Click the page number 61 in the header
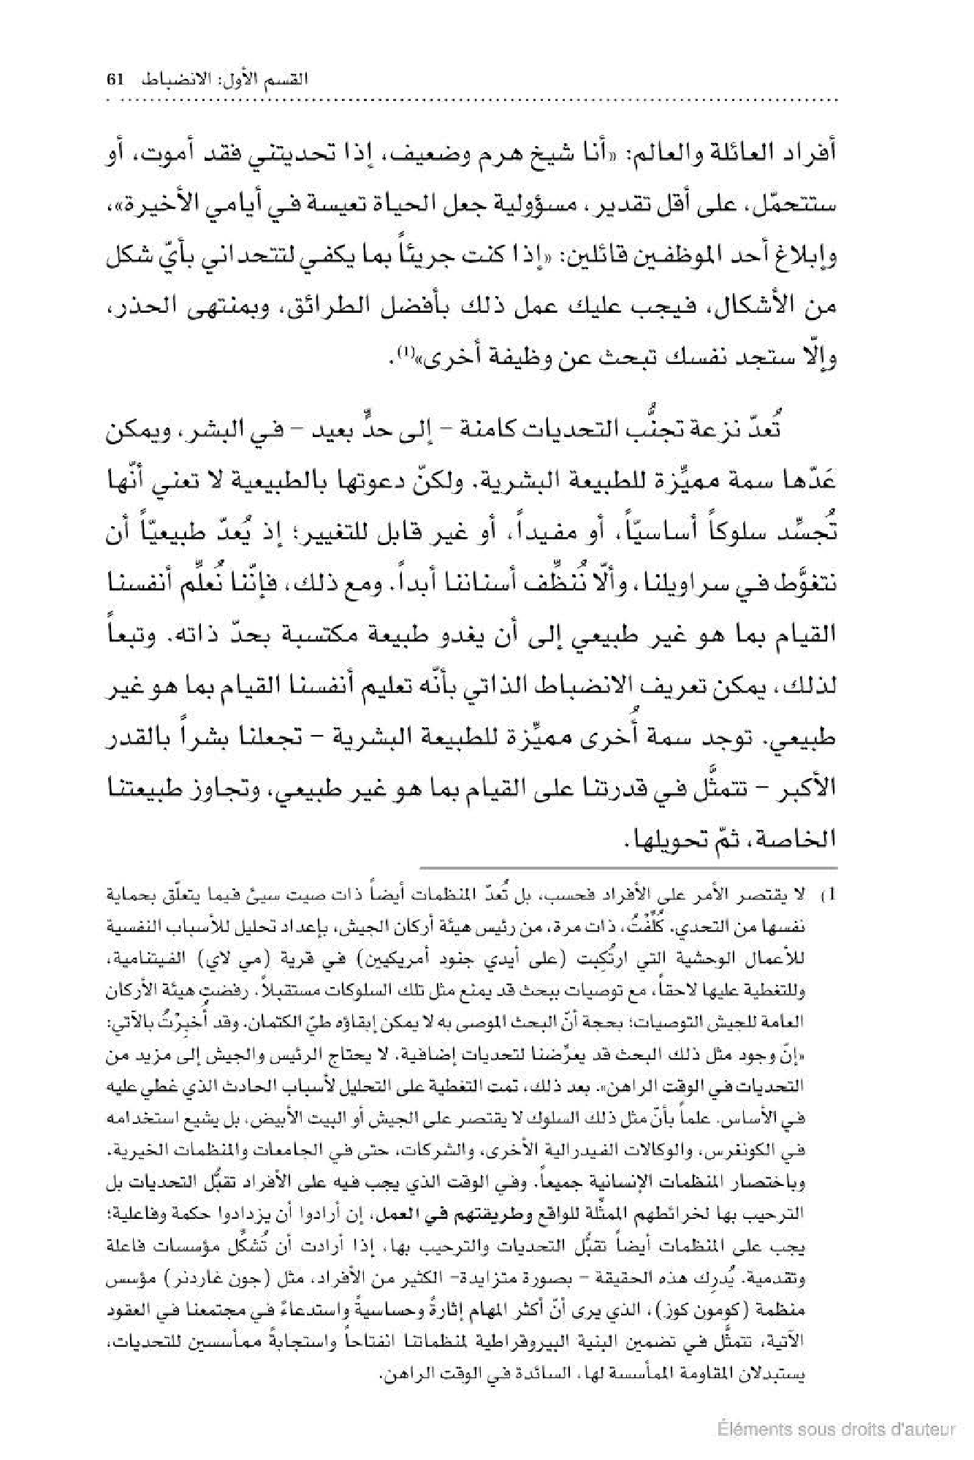point(117,80)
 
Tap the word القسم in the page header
point(286,80)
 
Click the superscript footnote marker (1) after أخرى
point(403,353)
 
